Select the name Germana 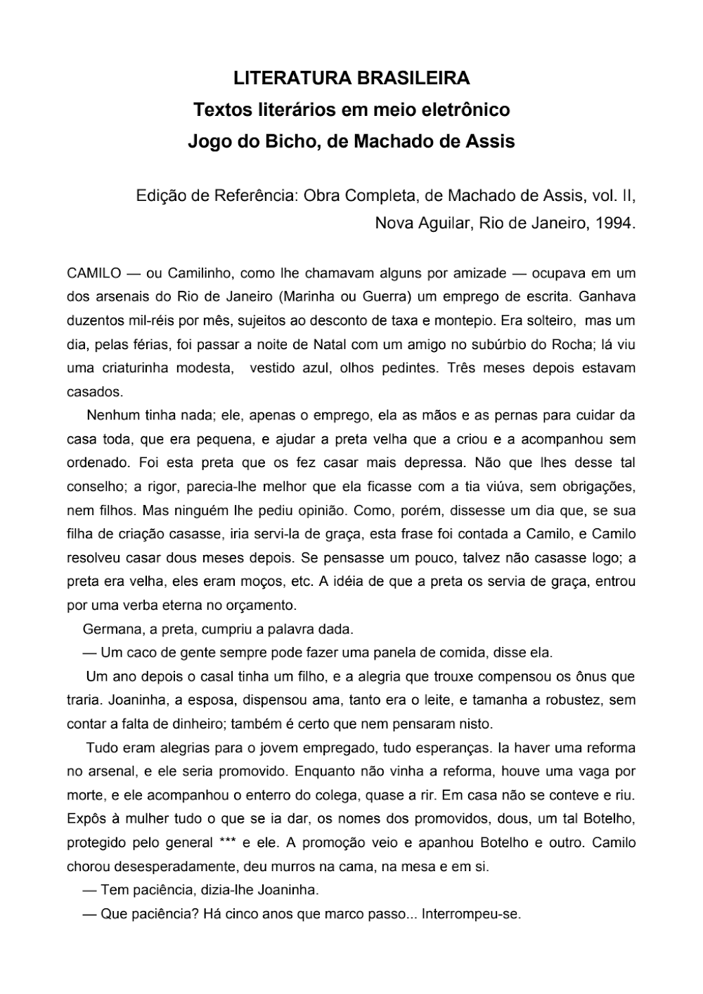click(112, 628)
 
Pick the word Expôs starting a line click(85, 819)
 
